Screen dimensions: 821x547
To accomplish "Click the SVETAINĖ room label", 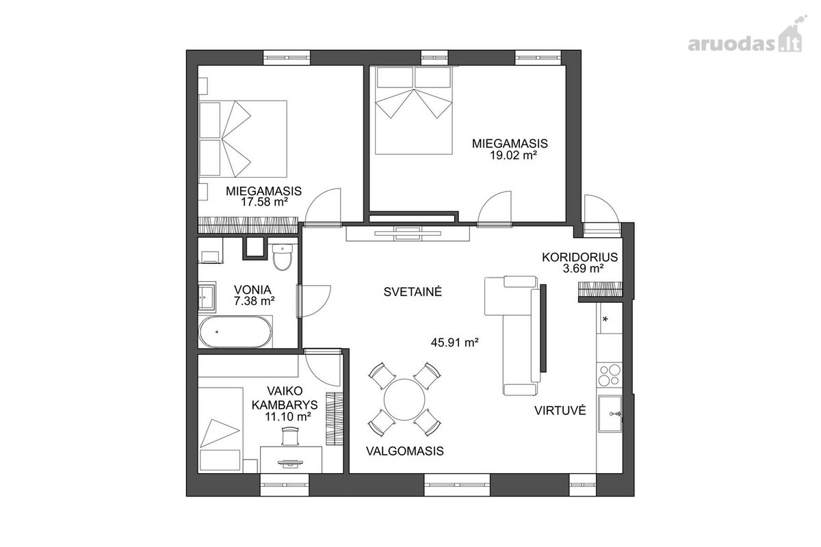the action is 413,292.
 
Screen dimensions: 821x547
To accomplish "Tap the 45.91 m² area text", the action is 454,343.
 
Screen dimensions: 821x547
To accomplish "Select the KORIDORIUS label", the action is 580,257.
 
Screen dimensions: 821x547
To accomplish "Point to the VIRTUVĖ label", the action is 560,410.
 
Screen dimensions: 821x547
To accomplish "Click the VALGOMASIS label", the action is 404,451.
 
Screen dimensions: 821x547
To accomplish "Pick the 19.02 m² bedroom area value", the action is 514,155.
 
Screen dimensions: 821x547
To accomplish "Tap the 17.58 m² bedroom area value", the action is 264,202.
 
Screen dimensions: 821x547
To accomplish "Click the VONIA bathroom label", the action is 252,289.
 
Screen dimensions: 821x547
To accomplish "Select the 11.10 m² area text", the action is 289,416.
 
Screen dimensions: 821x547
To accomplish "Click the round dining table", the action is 404,399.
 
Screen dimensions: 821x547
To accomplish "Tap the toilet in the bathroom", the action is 282,257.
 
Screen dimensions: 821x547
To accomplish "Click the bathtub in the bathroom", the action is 235,332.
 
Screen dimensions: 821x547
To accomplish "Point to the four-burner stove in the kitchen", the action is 610,375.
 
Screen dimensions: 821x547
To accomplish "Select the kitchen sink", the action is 610,414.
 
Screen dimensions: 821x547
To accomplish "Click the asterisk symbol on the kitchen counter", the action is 605,319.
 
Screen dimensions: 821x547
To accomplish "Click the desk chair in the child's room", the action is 291,436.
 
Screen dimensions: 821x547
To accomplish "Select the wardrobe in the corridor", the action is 600,289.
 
